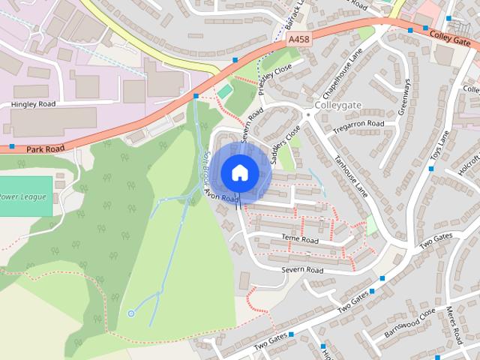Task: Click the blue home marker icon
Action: [239, 172]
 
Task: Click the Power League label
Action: [22, 197]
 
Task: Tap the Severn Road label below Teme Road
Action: [301, 270]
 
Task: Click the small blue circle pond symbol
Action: [131, 313]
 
